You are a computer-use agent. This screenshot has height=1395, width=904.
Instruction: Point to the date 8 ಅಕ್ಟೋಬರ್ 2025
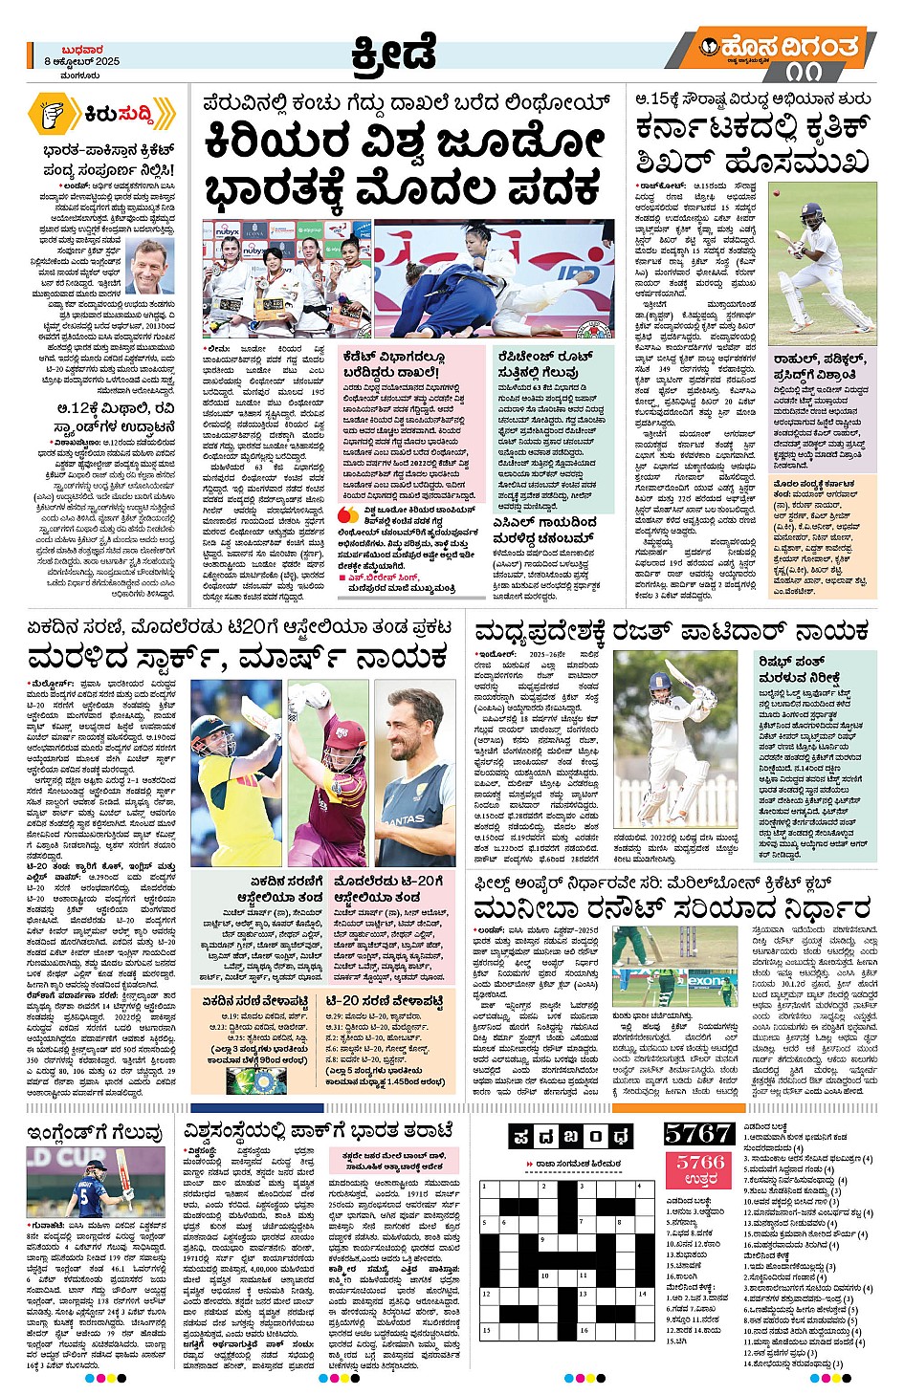click(x=81, y=62)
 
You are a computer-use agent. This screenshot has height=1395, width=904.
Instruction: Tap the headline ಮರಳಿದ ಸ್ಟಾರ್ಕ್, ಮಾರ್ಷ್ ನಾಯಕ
click(x=239, y=659)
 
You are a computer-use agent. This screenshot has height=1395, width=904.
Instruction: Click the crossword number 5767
click(x=697, y=1133)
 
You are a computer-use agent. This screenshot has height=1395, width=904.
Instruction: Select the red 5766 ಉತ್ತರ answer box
click(x=700, y=1169)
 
